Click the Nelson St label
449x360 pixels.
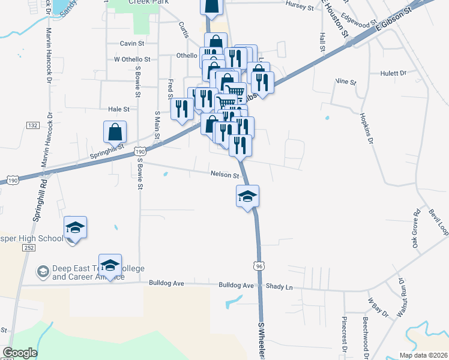tap(225, 175)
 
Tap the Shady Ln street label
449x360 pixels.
tap(280, 287)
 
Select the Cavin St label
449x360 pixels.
tap(132, 43)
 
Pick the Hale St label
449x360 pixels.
tap(118, 109)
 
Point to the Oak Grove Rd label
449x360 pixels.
tap(415, 229)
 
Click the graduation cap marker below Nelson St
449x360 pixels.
tap(247, 196)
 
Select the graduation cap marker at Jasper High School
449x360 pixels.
tap(76, 228)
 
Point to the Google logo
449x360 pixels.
tap(20, 353)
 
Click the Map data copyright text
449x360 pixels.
tap(423, 355)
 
